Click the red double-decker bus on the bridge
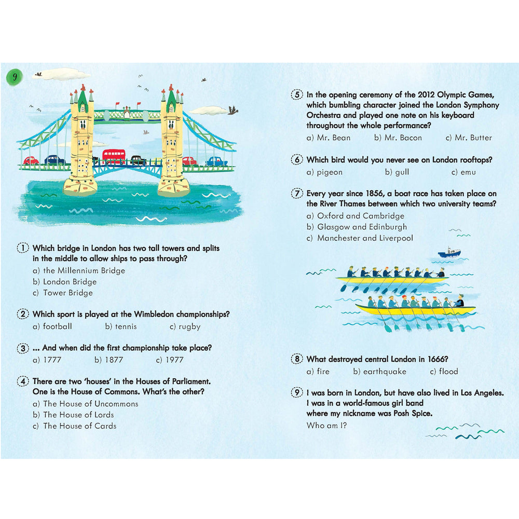click(114, 156)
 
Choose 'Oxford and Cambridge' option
click(361, 216)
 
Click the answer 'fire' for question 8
click(323, 372)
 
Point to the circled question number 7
click(297, 194)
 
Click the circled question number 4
click(23, 381)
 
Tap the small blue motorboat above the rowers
click(449, 253)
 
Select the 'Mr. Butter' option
click(473, 138)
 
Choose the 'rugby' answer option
click(189, 326)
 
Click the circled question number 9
click(297, 393)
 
